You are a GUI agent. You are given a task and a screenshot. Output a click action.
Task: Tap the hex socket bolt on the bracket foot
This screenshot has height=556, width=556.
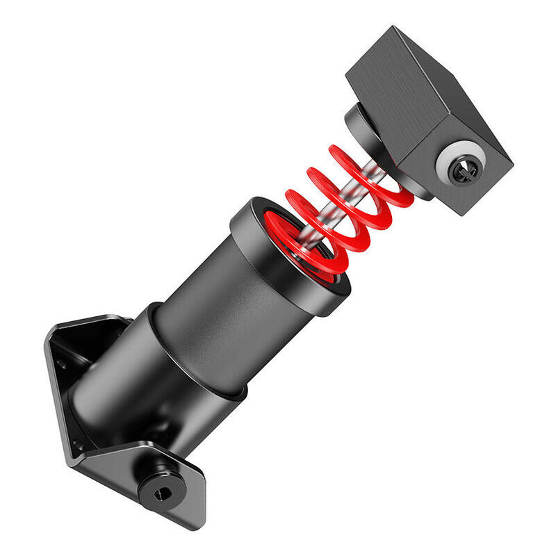tap(162, 493)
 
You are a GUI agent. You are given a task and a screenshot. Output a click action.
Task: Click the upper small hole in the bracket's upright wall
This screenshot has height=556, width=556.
tap(61, 363)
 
